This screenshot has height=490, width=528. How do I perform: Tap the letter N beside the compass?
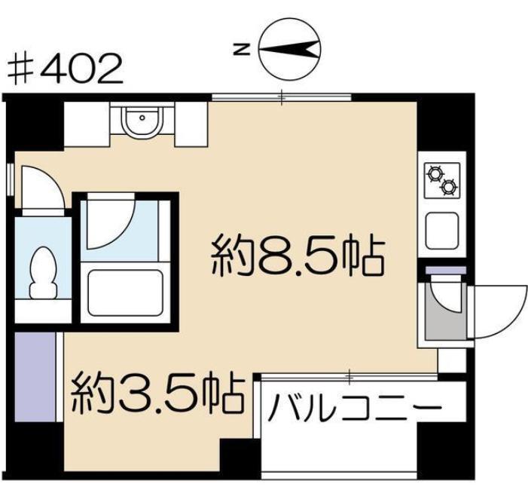pyautogui.click(x=242, y=50)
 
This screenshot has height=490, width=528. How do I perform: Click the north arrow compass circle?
pyautogui.click(x=290, y=50)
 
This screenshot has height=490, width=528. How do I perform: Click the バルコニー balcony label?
pyautogui.click(x=356, y=408)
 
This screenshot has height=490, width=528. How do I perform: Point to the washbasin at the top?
pyautogui.click(x=142, y=121)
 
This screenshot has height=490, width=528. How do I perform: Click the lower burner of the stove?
pyautogui.click(x=449, y=187)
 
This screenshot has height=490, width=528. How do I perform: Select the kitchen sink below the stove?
pyautogui.click(x=442, y=231)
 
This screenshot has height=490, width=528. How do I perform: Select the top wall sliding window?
pyautogui.click(x=282, y=97)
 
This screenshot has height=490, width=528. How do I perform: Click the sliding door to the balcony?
pyautogui.click(x=349, y=377)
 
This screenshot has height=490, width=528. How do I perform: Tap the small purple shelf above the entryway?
pyautogui.click(x=446, y=270)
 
